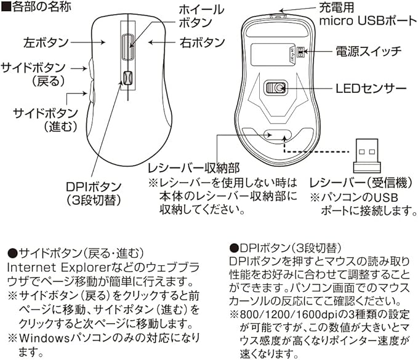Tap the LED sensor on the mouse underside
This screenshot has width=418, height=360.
coord(278,87)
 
